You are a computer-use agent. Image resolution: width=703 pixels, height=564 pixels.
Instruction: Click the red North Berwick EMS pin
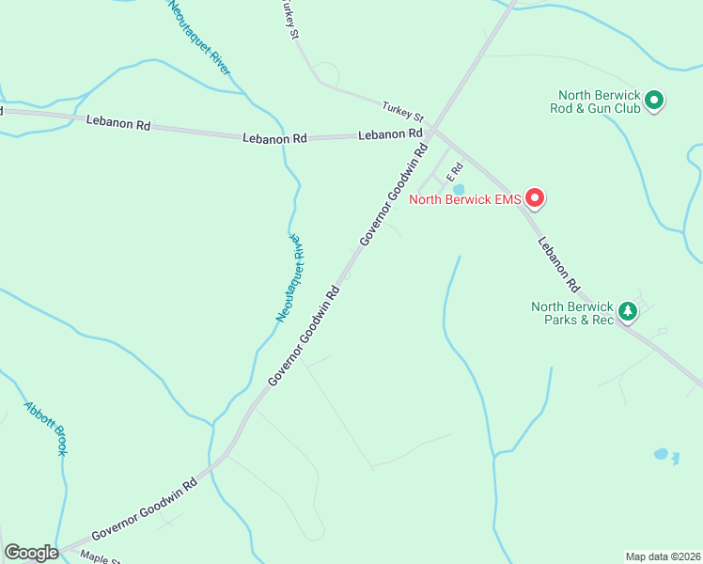(535, 197)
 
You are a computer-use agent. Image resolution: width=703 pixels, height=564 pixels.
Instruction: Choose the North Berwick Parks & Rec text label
(571, 313)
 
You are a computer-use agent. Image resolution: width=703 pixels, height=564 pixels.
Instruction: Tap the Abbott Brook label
(46, 428)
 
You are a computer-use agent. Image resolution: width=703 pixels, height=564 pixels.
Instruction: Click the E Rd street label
(455, 172)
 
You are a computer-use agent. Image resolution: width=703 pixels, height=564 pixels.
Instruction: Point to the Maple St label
(100, 557)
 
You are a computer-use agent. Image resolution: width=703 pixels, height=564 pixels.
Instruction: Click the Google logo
(31, 553)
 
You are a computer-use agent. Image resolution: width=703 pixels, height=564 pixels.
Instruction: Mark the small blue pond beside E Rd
(459, 189)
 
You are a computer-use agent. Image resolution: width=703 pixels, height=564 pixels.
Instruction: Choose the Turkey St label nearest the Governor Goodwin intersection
(404, 112)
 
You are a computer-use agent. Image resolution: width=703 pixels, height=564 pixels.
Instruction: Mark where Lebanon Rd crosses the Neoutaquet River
(283, 138)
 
